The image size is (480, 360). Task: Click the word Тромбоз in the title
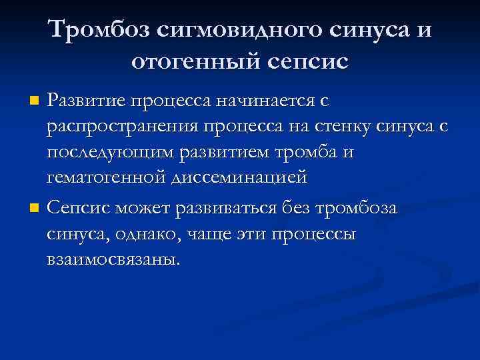click(x=100, y=29)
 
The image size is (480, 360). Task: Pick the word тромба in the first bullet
click(x=297, y=153)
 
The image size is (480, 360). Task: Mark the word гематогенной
click(x=107, y=179)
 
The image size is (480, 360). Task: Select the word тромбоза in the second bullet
click(x=356, y=208)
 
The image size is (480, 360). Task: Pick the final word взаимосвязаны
click(x=113, y=259)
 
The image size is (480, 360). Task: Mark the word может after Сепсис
click(x=143, y=208)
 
